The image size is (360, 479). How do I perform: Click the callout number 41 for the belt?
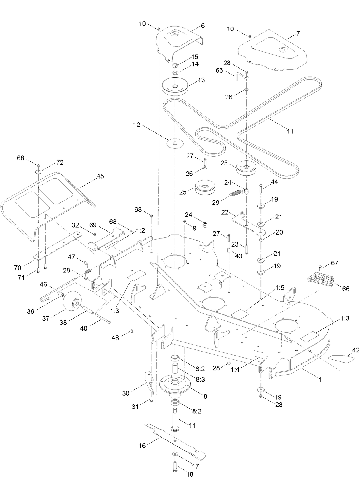pos(289,131)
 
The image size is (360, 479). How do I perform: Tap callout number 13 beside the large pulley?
pos(201,80)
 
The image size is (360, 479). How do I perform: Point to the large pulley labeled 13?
pos(175,86)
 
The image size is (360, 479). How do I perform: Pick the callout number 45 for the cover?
pos(100,176)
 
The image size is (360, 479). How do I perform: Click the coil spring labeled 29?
pos(236,194)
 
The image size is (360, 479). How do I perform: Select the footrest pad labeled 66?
pos(320,280)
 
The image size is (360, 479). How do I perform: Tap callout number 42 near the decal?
pos(356,350)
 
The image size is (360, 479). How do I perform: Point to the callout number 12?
pos(137,125)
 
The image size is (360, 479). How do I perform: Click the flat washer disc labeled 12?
pos(175,143)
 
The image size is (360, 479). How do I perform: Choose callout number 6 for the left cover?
pos(203,26)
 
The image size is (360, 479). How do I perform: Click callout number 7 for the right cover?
pos(298,34)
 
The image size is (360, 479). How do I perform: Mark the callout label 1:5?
pos(279,288)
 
